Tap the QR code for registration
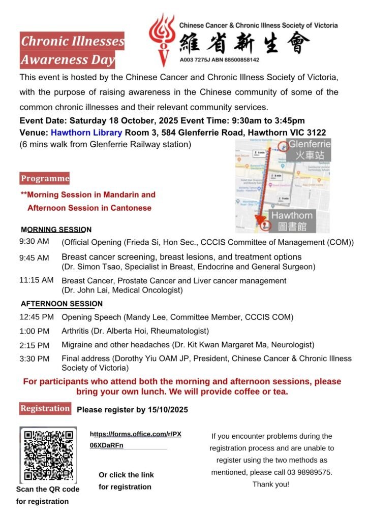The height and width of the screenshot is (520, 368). (x=48, y=455)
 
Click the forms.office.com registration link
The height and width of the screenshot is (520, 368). (x=135, y=439)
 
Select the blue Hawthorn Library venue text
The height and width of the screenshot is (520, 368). (x=86, y=133)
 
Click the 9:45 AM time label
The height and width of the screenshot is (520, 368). (x=34, y=257)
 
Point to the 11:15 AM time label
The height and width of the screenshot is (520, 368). (x=36, y=280)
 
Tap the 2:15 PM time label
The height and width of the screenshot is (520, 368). (x=34, y=345)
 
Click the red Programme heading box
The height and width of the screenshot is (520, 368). (x=45, y=178)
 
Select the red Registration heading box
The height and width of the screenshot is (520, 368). (x=45, y=408)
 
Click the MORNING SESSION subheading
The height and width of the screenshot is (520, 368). (x=56, y=230)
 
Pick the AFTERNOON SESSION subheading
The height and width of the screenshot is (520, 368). (x=62, y=304)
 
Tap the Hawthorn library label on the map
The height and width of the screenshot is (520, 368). (x=292, y=220)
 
